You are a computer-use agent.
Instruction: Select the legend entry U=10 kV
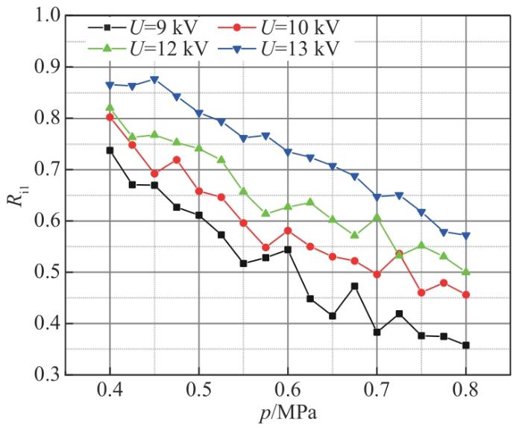point(279,28)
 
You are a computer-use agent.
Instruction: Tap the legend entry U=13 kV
point(279,48)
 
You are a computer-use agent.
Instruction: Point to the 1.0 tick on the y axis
point(44,16)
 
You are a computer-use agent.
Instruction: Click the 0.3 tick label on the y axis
point(44,375)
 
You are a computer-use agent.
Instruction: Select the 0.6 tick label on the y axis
point(44,221)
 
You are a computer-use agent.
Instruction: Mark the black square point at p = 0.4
point(110,150)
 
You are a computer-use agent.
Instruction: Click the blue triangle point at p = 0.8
point(465,236)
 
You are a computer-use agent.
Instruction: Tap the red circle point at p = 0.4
point(110,117)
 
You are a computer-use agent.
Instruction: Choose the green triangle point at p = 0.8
point(465,272)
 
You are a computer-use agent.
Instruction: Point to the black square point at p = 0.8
point(465,345)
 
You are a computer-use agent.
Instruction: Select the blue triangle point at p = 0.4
point(110,85)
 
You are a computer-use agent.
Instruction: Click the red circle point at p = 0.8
point(465,295)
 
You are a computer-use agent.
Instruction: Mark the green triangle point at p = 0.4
point(110,107)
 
